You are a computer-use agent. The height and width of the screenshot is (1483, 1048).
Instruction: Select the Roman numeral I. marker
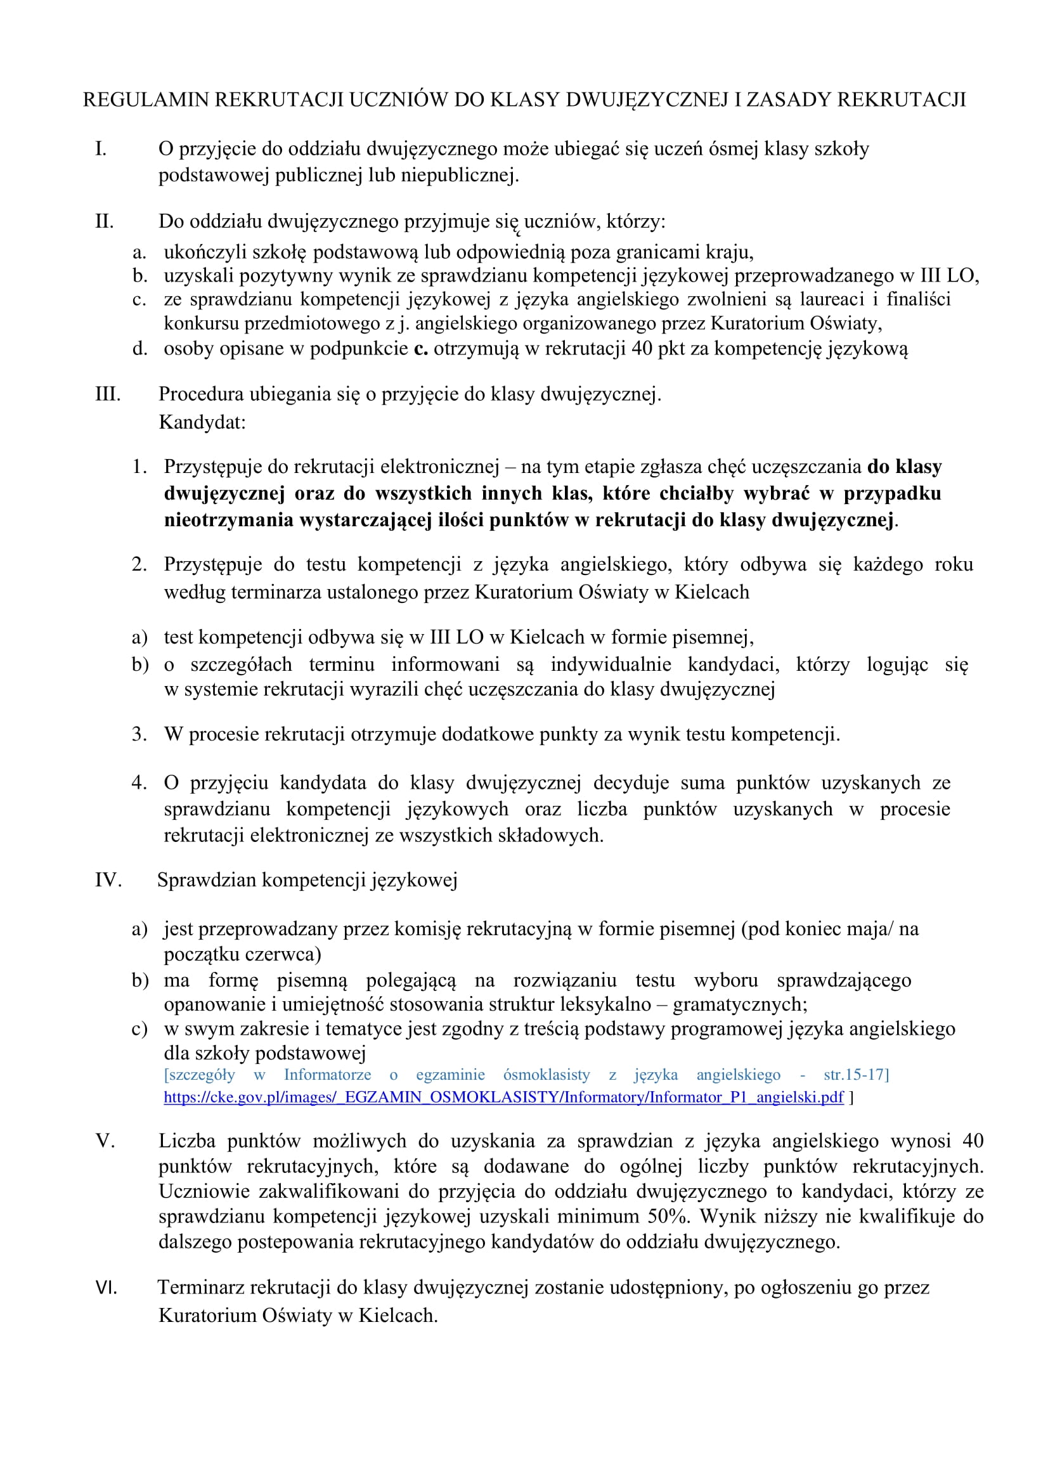(101, 149)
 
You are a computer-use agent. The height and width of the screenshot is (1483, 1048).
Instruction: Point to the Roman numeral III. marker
(108, 394)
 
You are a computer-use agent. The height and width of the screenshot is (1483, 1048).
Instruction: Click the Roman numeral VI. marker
(107, 1288)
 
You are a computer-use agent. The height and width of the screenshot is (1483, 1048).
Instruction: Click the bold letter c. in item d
(421, 349)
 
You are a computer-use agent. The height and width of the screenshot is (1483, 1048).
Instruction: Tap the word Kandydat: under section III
(202, 422)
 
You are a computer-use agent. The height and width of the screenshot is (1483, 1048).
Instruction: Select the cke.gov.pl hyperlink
(503, 1097)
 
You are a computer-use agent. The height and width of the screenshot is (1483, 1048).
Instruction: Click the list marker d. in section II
(139, 349)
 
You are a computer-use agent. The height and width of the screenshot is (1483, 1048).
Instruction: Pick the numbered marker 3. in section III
(139, 734)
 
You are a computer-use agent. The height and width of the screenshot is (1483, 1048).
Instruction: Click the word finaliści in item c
(918, 299)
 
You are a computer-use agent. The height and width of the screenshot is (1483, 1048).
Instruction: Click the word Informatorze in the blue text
(327, 1074)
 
